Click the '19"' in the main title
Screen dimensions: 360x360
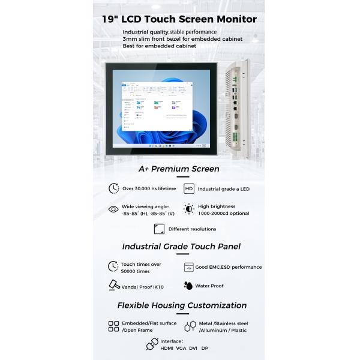pyautogui.click(x=111, y=19)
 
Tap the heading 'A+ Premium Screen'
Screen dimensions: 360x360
pyautogui.click(x=179, y=169)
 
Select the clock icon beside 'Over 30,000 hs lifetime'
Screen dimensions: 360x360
pyautogui.click(x=113, y=188)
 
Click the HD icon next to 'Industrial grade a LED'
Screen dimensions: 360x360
pyautogui.click(x=189, y=188)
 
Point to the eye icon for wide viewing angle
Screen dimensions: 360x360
pyautogui.click(x=113, y=209)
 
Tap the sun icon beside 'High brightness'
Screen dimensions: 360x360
pyautogui.click(x=189, y=209)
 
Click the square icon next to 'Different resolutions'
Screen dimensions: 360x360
pyautogui.click(x=159, y=229)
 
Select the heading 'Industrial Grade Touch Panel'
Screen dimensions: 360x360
pyautogui.click(x=181, y=246)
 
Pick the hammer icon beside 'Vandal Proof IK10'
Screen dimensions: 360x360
pyautogui.click(x=113, y=286)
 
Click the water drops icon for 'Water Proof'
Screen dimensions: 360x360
pyautogui.click(x=188, y=286)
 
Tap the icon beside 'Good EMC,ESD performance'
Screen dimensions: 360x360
pyautogui.click(x=189, y=267)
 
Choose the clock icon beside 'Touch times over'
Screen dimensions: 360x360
pyautogui.click(x=113, y=266)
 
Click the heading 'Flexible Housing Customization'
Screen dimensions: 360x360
pyautogui.click(x=182, y=305)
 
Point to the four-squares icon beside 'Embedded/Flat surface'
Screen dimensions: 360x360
pyautogui.click(x=113, y=326)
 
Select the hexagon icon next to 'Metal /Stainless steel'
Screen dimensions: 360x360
pyautogui.click(x=190, y=326)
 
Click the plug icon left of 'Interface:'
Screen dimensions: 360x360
pyautogui.click(x=152, y=344)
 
